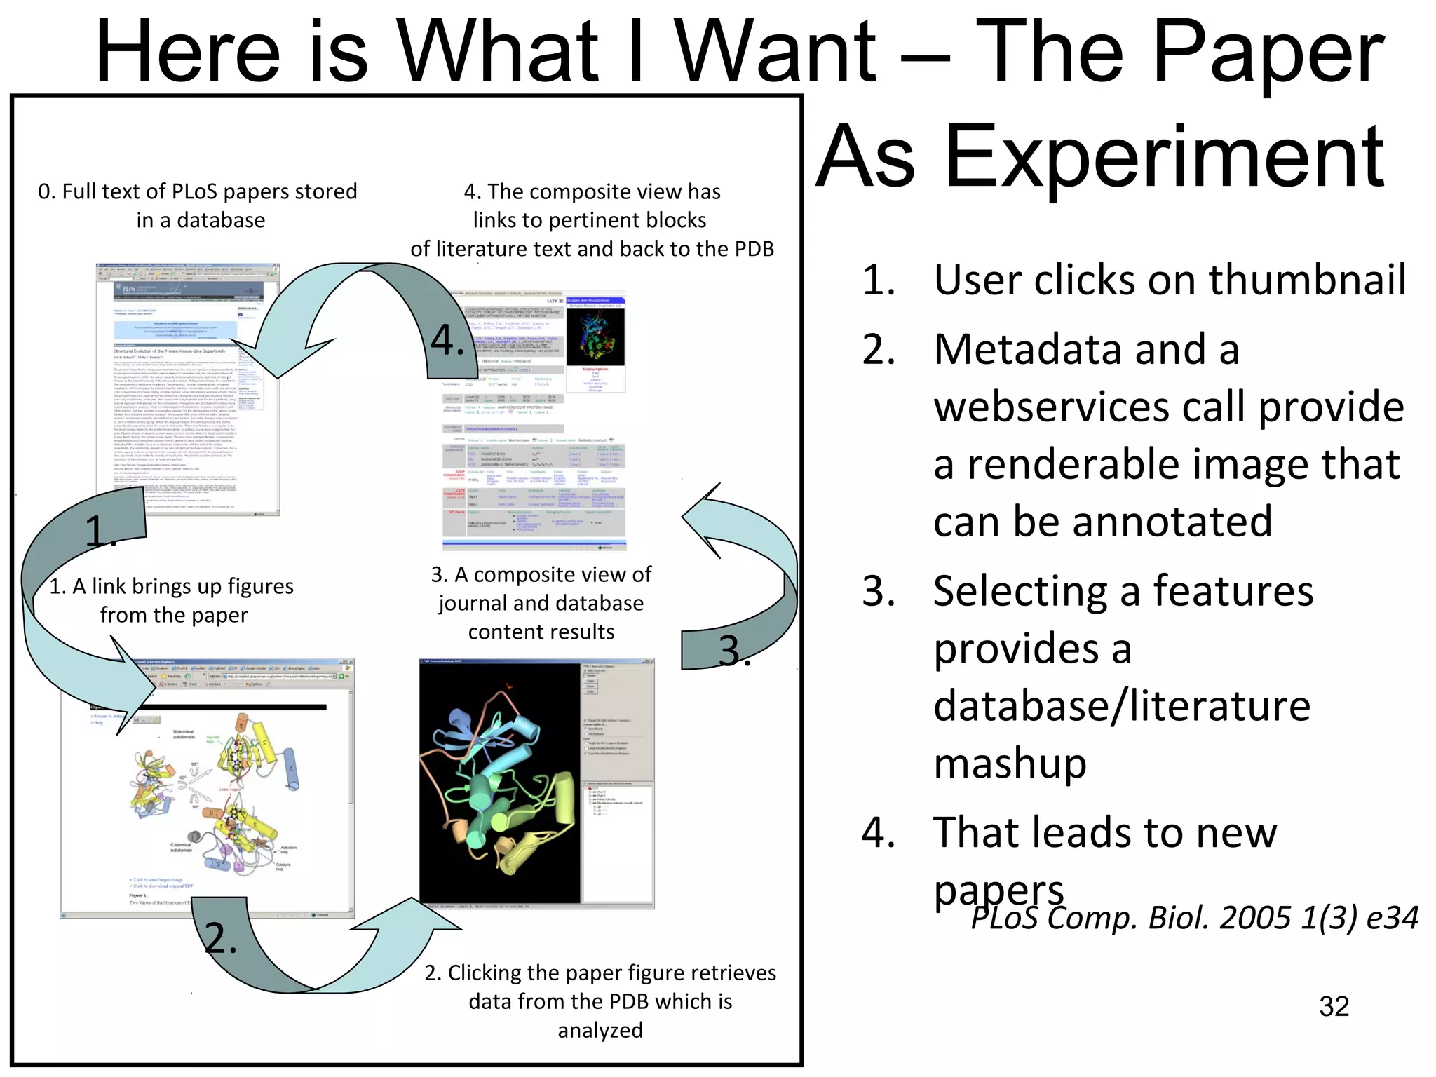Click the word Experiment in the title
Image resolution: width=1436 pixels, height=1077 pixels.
click(1164, 158)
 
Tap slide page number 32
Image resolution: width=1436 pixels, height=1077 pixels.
click(1334, 1006)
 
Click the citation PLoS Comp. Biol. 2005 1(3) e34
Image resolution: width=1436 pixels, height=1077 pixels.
click(1195, 918)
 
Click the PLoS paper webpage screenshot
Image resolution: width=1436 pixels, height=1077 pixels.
click(188, 389)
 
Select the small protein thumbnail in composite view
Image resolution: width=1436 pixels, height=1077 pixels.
click(595, 337)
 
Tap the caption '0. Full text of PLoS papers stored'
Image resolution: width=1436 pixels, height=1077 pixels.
click(198, 191)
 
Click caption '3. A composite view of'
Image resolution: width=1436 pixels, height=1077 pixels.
click(541, 574)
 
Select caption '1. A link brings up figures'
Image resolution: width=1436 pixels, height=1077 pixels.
click(172, 586)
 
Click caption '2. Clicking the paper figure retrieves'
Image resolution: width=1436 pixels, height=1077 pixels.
click(600, 973)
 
